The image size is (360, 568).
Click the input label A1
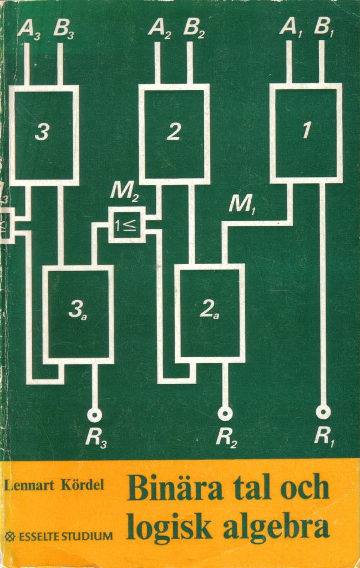pyautogui.click(x=290, y=27)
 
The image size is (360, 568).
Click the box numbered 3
pyautogui.click(x=44, y=133)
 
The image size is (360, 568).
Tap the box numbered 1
pyautogui.click(x=306, y=132)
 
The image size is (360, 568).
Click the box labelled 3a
pyautogui.click(x=78, y=313)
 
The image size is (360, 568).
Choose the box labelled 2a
pyautogui.click(x=210, y=312)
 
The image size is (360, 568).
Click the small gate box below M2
pyautogui.click(x=127, y=225)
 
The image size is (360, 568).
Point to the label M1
pyautogui.click(x=242, y=205)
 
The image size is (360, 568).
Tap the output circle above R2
pyautogui.click(x=225, y=413)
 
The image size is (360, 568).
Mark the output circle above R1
pyautogui.click(x=323, y=412)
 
